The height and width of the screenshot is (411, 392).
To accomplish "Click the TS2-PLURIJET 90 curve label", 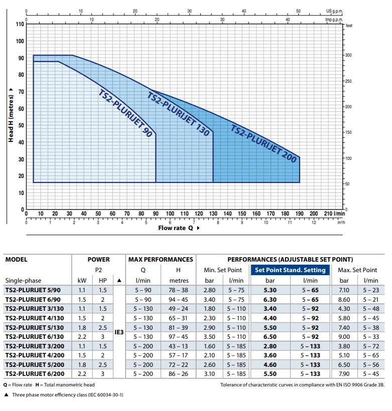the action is (125, 113).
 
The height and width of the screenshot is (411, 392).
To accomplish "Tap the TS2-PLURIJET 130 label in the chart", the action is (178, 114).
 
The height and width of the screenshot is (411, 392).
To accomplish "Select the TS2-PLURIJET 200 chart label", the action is (264, 143).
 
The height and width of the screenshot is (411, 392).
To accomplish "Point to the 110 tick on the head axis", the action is (20, 24).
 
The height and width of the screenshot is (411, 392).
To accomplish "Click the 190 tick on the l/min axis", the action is (299, 214).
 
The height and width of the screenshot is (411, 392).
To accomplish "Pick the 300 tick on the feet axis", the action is (348, 55).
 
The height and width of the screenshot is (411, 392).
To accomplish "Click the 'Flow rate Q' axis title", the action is (176, 228).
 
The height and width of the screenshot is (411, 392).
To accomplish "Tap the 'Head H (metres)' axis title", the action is (11, 118).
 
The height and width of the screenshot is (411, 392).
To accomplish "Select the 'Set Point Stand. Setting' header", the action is (290, 270).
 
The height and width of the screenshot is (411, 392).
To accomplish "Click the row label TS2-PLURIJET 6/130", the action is (35, 337).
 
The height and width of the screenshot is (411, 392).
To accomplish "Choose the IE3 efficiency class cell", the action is (119, 332).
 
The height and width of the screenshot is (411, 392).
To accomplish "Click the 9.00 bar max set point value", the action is (344, 337).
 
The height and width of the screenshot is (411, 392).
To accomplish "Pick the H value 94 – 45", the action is (178, 300).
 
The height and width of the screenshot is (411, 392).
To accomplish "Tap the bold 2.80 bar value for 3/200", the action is (270, 346).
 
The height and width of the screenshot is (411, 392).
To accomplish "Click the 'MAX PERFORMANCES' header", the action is (161, 260).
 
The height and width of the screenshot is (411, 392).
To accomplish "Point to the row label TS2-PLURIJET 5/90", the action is (33, 290).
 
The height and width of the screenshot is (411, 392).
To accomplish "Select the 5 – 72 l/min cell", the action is (371, 346).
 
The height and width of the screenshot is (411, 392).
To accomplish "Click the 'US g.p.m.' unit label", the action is (334, 11).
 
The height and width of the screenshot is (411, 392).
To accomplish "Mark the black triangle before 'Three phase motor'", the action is (7, 394).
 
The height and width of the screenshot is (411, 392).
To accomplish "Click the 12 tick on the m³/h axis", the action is (314, 223).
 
